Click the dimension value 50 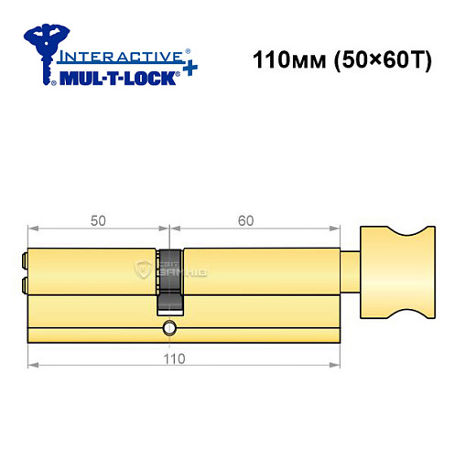click(98, 220)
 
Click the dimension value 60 click(245, 220)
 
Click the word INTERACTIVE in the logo click(114, 55)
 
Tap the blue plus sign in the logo click(188, 70)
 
